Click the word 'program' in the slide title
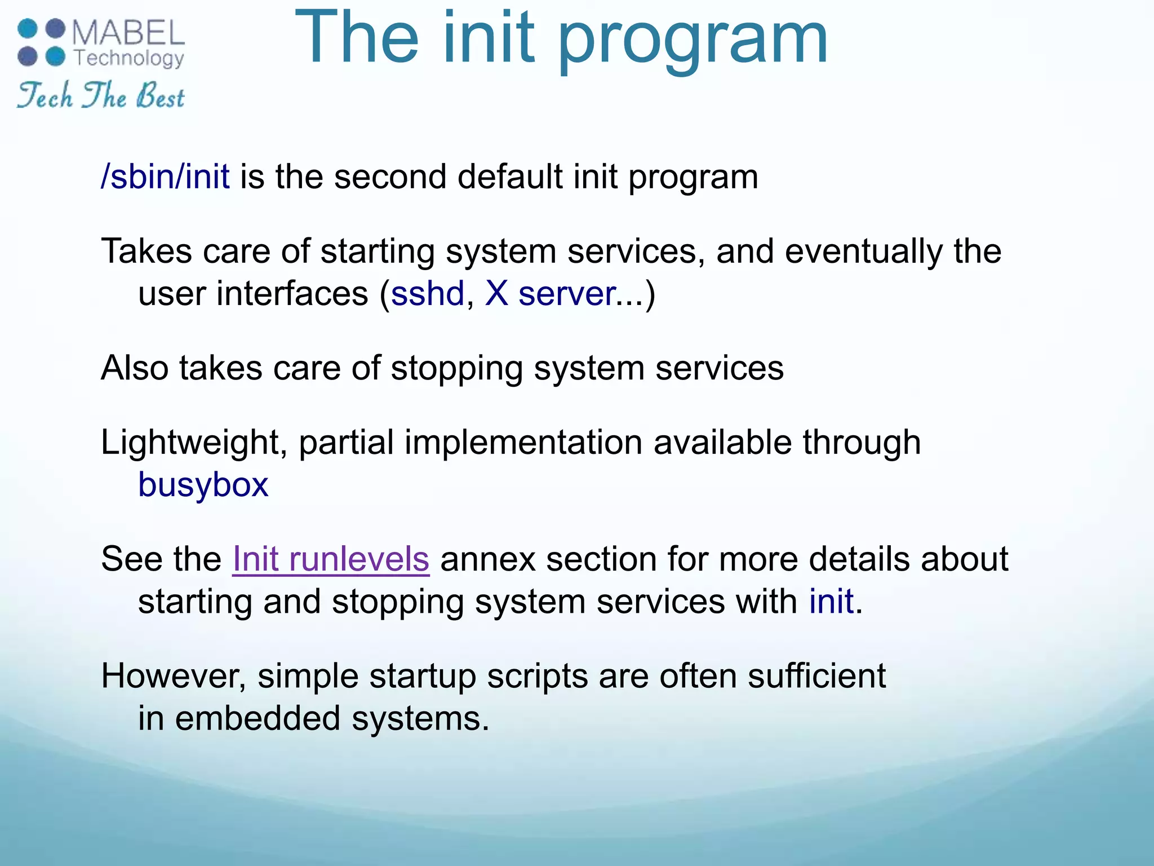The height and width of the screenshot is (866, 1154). point(693,42)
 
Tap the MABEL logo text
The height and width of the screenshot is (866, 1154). point(128,33)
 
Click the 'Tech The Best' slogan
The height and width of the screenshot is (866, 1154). point(100,95)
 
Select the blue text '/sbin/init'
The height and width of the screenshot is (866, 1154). point(165,176)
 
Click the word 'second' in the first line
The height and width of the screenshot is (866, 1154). point(389,176)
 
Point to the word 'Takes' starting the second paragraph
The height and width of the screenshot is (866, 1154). point(146,251)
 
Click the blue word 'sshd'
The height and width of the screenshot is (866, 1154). point(428,294)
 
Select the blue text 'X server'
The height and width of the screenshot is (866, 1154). point(550,294)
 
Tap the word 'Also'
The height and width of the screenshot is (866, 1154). point(135,368)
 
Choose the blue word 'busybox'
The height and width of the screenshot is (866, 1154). point(203,485)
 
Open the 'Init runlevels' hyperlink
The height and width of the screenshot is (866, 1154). point(331,559)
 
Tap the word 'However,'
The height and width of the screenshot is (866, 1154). point(174,676)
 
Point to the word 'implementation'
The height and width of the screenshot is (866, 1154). point(523,443)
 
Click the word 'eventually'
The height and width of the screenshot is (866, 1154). point(863,251)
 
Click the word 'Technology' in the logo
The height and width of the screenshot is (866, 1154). point(129,58)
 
